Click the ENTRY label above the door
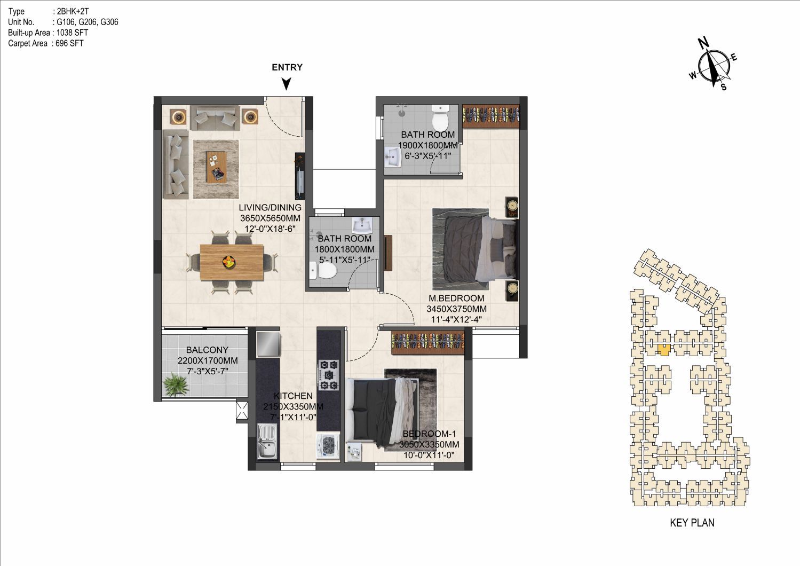click(287, 67)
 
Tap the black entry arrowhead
click(287, 84)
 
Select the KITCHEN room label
click(293, 396)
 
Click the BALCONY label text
click(207, 350)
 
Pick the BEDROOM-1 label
click(429, 434)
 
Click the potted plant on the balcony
click(176, 384)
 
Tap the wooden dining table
click(232, 262)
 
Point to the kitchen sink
click(267, 441)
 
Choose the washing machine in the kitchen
click(328, 446)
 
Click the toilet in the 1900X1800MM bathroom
click(441, 119)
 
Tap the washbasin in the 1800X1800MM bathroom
click(362, 225)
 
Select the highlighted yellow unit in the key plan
click(664, 350)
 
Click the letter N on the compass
click(703, 43)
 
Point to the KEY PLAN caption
click(692, 523)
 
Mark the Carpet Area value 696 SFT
click(69, 44)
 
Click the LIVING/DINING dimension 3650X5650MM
click(270, 218)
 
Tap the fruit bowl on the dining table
click(229, 262)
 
